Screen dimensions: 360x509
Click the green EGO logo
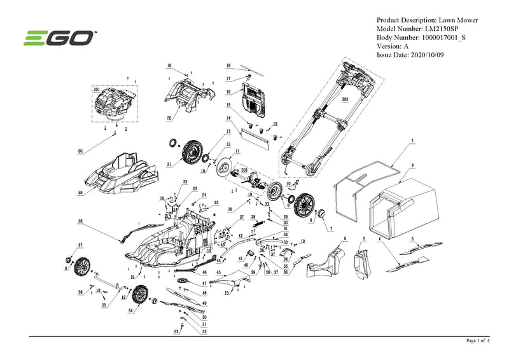(60, 39)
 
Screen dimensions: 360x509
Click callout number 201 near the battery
(97, 90)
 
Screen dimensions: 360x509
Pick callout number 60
(80, 151)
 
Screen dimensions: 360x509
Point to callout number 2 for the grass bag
(413, 165)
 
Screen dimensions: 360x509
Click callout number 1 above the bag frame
(412, 139)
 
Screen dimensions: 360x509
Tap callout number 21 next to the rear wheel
(169, 165)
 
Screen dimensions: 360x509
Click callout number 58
(80, 221)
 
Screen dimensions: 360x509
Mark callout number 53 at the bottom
(176, 332)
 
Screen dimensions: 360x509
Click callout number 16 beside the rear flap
(227, 92)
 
